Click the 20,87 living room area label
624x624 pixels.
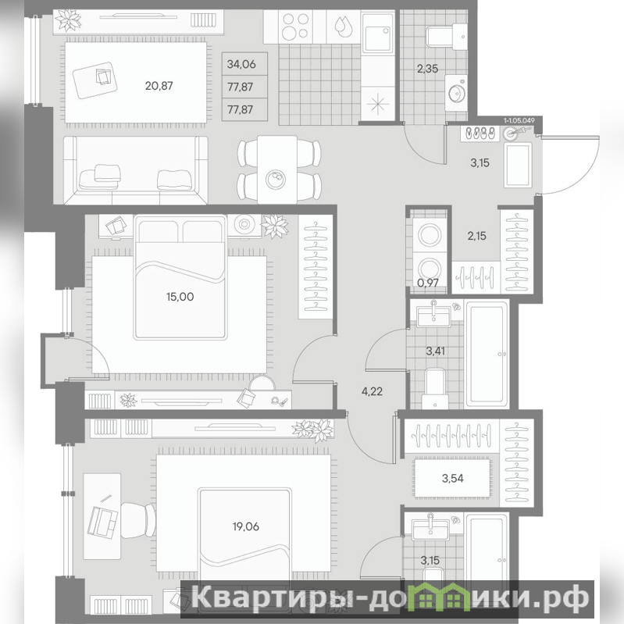(159, 86)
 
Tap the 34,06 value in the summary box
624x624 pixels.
(241, 64)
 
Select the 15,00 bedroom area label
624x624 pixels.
(180, 297)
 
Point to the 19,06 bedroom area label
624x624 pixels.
(245, 526)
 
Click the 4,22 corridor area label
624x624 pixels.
(372, 391)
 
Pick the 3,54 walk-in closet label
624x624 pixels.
(452, 478)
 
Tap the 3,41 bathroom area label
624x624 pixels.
(435, 351)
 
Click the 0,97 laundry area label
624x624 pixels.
(428, 283)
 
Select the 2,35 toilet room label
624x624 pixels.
(427, 69)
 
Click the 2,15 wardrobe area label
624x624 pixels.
(476, 236)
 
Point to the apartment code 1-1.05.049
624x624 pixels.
(519, 119)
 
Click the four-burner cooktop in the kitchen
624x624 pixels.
(295, 27)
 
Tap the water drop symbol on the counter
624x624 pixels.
(344, 27)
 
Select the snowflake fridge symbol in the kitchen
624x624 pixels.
(378, 105)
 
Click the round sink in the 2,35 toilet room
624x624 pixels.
(457, 93)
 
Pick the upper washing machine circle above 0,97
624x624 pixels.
(429, 235)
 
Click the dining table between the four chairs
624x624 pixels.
(277, 170)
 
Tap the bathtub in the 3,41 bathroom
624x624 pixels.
(487, 353)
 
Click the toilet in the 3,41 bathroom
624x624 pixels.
(434, 388)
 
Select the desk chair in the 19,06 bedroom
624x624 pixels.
(137, 521)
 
